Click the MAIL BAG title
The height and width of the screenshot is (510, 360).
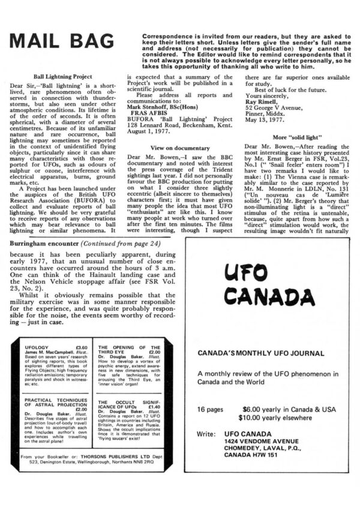[61, 41]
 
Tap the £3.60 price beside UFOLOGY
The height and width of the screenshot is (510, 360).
[82, 347]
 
